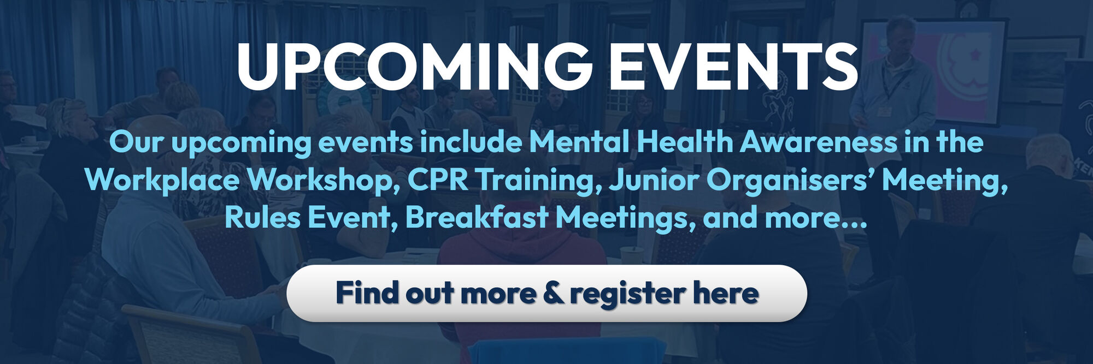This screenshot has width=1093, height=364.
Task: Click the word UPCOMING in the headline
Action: (x=414, y=67)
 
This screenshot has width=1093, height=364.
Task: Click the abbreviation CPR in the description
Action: (x=438, y=180)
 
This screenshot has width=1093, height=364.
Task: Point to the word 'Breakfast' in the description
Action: (x=477, y=217)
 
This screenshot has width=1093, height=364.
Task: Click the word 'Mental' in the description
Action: (x=578, y=142)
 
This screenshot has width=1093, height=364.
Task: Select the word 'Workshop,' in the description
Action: (x=323, y=180)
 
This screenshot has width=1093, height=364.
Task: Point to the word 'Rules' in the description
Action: (x=263, y=217)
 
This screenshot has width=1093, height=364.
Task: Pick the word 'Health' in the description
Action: (x=684, y=142)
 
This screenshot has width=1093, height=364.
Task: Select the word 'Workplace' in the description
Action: (x=162, y=181)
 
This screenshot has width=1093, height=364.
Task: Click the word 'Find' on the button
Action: (x=367, y=293)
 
